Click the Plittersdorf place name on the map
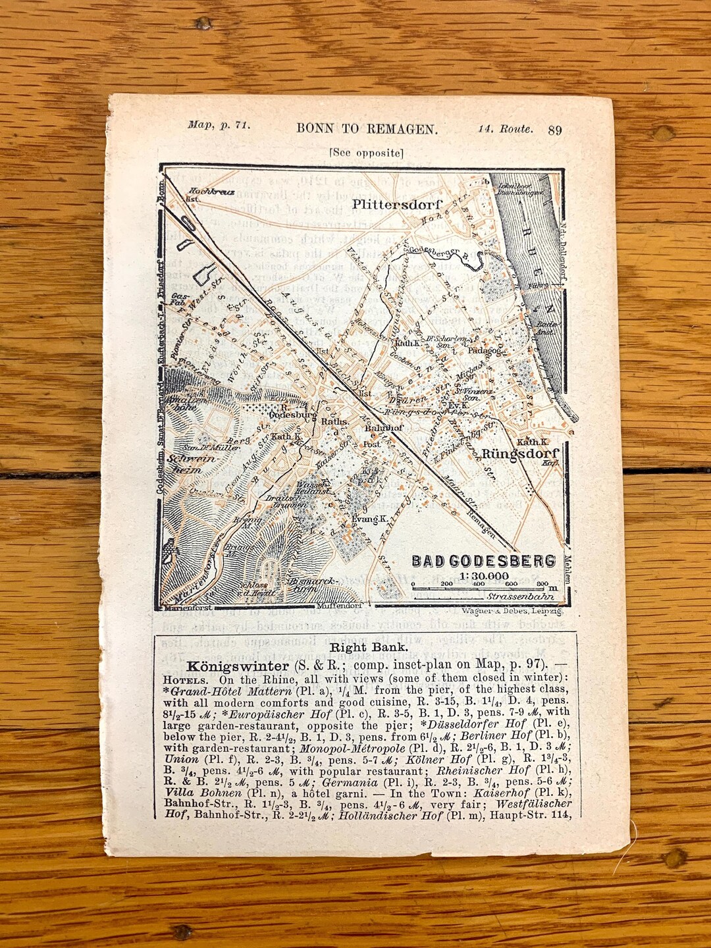(396, 204)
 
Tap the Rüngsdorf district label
(520, 454)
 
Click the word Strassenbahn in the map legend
(520, 597)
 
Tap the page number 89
(554, 130)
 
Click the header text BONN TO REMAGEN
(367, 129)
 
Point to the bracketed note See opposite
(366, 153)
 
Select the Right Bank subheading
(368, 647)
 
